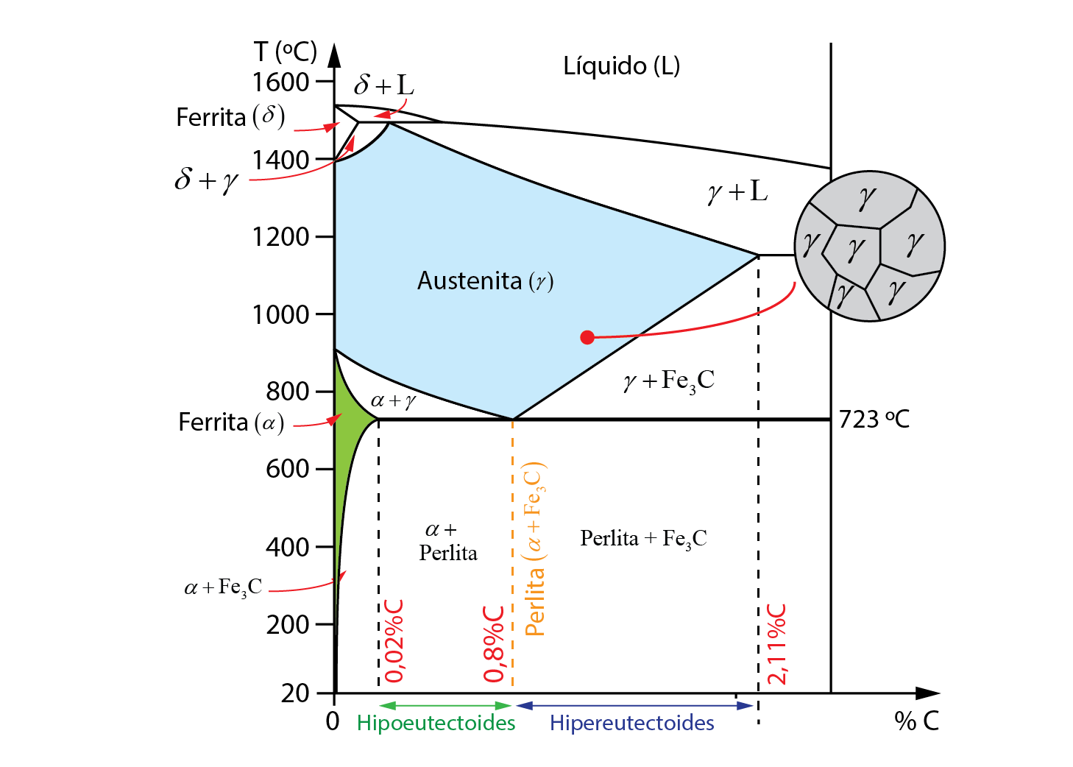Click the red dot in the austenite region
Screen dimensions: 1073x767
tap(587, 338)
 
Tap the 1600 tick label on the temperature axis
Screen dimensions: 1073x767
tap(280, 82)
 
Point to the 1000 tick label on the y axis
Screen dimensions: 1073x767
tap(280, 315)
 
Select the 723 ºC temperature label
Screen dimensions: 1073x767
tap(874, 419)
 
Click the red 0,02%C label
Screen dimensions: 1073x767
tap(394, 641)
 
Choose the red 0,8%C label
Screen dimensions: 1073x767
tap(494, 644)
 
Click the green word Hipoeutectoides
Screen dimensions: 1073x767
tap(436, 723)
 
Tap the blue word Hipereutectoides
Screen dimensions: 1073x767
tap(632, 723)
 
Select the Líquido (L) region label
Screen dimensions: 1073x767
tap(622, 66)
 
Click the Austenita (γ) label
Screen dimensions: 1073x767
tap(485, 280)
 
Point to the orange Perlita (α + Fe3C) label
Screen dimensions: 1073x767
tap(536, 549)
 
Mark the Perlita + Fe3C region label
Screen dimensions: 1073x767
tap(643, 539)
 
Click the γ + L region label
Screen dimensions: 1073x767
tap(737, 193)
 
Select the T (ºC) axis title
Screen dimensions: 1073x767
tap(286, 52)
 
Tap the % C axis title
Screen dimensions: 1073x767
tap(916, 721)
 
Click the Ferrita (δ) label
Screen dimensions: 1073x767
tap(230, 117)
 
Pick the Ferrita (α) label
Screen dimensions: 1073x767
tap(231, 423)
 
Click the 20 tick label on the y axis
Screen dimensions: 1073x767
tap(295, 693)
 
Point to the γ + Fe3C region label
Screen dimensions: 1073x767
tap(669, 382)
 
